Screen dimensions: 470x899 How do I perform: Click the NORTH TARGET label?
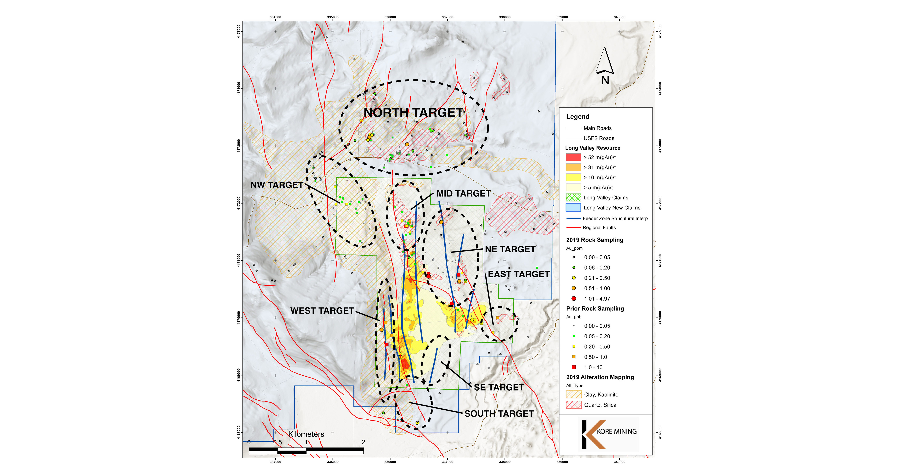pyautogui.click(x=414, y=113)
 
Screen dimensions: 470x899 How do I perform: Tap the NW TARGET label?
pyautogui.click(x=277, y=185)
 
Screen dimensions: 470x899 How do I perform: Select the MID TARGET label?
pyautogui.click(x=464, y=193)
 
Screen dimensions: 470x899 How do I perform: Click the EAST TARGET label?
pyautogui.click(x=519, y=274)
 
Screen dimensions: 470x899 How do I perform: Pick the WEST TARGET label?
pyautogui.click(x=322, y=311)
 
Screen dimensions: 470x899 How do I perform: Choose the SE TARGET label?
pyautogui.click(x=499, y=387)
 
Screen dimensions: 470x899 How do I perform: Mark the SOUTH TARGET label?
pyautogui.click(x=499, y=414)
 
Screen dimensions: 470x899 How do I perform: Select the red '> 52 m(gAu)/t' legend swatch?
pyautogui.click(x=573, y=157)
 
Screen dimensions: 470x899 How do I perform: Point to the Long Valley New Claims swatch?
pyautogui.click(x=573, y=207)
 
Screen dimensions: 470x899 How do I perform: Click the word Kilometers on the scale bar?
pyautogui.click(x=306, y=434)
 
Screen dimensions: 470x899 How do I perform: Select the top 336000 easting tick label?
pyautogui.click(x=390, y=17)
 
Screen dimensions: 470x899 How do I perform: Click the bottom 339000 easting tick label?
pyautogui.click(x=562, y=462)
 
